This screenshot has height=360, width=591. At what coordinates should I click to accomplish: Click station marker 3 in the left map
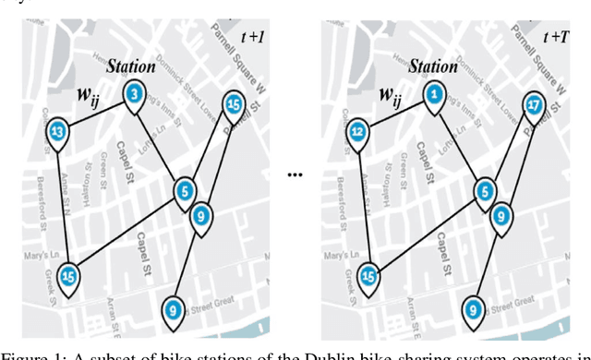(134, 94)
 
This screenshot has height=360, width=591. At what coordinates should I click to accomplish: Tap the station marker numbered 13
(59, 132)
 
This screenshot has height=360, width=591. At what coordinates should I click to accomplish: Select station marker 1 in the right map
(433, 94)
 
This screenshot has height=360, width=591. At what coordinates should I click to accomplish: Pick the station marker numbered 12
(358, 132)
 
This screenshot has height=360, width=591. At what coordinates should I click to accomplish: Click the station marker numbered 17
(534, 105)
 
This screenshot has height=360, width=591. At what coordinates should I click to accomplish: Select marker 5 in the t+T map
(483, 191)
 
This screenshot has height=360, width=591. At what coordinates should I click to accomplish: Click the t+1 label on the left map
(251, 37)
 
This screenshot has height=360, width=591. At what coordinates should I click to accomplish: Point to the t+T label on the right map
(555, 37)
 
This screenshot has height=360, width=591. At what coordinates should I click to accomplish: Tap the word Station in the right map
(432, 66)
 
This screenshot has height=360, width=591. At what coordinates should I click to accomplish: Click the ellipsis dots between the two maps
(296, 174)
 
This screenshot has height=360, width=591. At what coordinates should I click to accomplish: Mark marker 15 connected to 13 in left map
(68, 274)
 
